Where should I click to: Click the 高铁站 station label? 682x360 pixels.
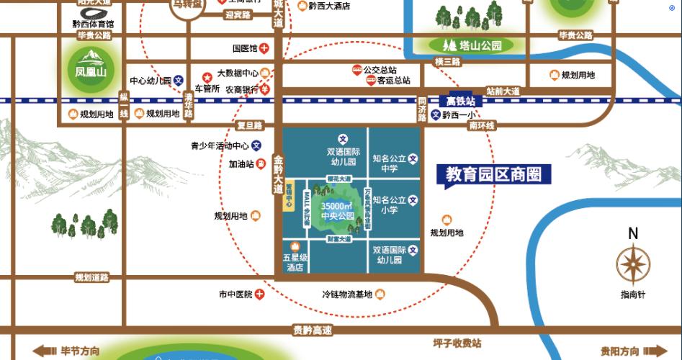coord(461,102)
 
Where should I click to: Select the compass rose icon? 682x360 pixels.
coord(633,264)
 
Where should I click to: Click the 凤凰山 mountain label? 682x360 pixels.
coord(91,72)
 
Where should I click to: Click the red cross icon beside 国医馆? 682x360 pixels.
coord(265,49)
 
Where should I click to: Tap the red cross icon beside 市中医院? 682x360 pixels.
coord(260,294)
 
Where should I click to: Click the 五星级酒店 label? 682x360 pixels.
coord(295,262)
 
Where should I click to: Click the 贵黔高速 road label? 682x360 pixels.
coord(313,330)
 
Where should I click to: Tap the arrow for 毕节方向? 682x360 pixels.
coord(45,351)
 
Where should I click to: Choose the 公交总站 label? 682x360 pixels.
coord(380,70)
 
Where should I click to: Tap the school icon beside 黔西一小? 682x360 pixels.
coord(435,114)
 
